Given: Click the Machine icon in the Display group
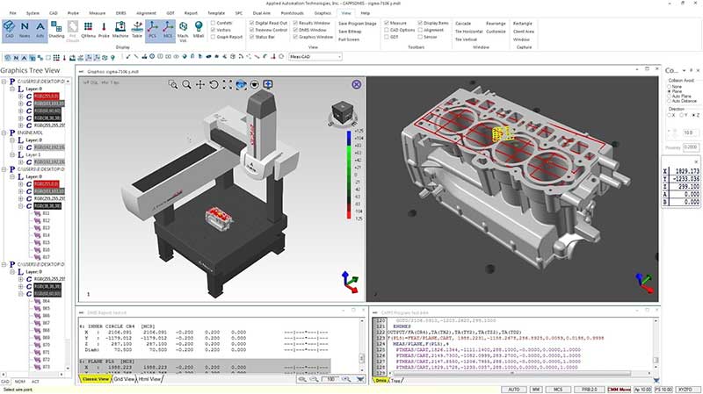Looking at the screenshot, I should coord(120,31).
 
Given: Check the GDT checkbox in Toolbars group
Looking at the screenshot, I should coord(388,39).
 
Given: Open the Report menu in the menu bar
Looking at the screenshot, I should coord(191,13).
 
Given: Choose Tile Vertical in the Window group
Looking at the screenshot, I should coord(466,39).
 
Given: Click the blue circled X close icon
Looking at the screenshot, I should coord(356,84).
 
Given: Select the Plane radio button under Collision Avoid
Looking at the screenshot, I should coord(671,91).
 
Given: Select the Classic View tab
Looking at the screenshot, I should coord(95,379).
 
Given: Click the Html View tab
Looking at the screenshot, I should coord(149,379).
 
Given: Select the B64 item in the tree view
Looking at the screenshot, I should coord(47,300).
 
